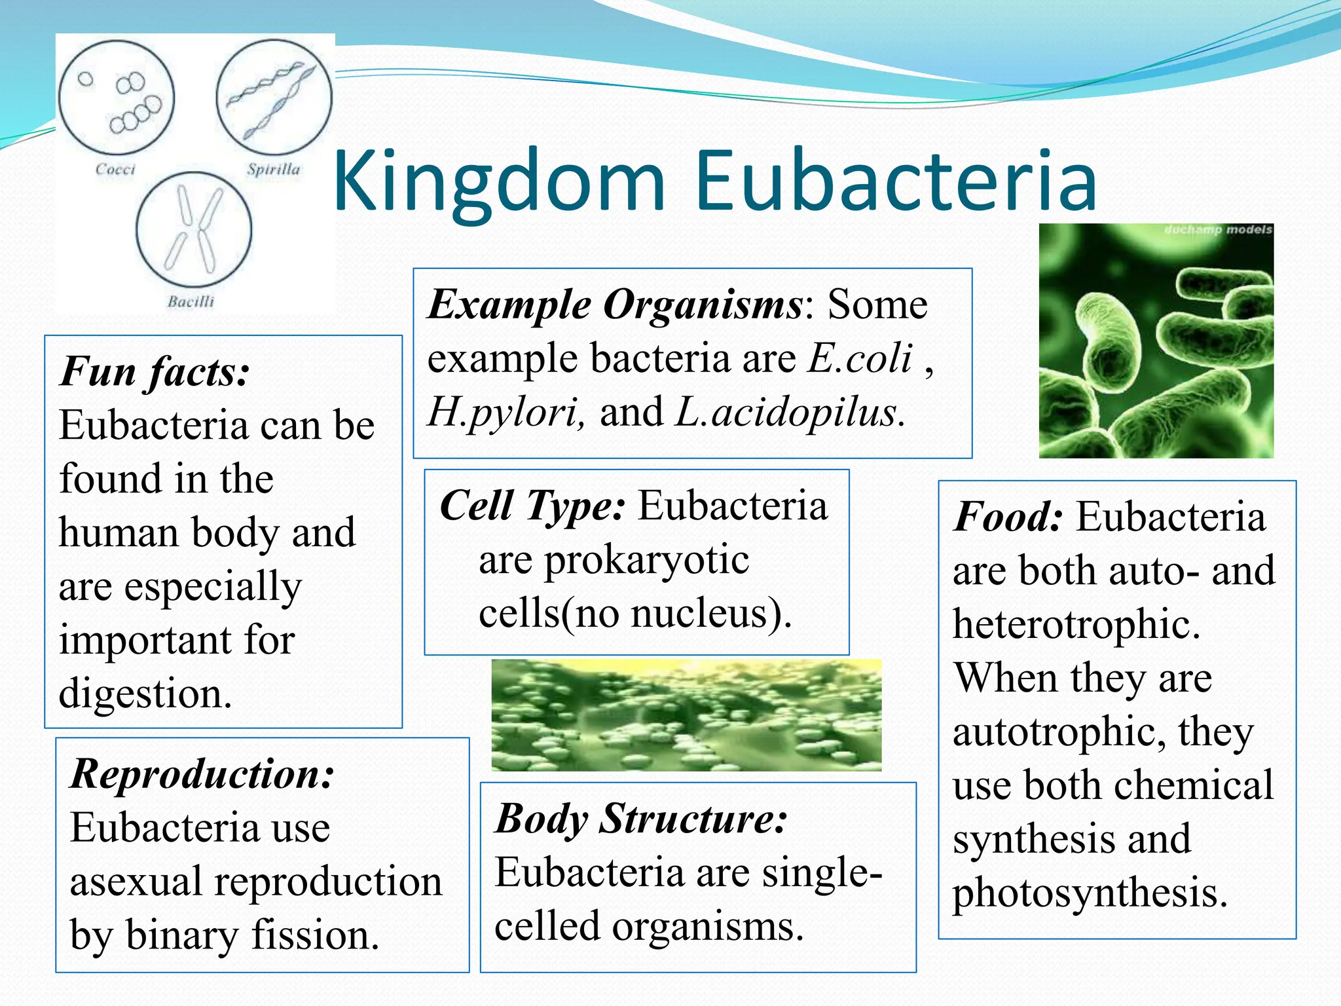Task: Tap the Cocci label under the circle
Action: [x=115, y=169]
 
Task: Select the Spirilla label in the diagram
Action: [x=274, y=169]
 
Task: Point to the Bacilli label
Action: [x=191, y=301]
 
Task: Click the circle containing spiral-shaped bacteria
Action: [x=274, y=98]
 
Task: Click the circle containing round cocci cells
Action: [x=117, y=98]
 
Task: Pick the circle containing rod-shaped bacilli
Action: [x=194, y=230]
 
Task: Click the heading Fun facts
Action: [x=155, y=372]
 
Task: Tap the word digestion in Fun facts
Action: [x=145, y=694]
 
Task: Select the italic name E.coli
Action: [x=860, y=359]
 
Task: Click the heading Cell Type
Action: [x=532, y=506]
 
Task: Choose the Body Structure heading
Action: [x=641, y=819]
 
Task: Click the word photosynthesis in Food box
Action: [x=1090, y=893]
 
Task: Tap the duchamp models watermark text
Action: [x=1218, y=230]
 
